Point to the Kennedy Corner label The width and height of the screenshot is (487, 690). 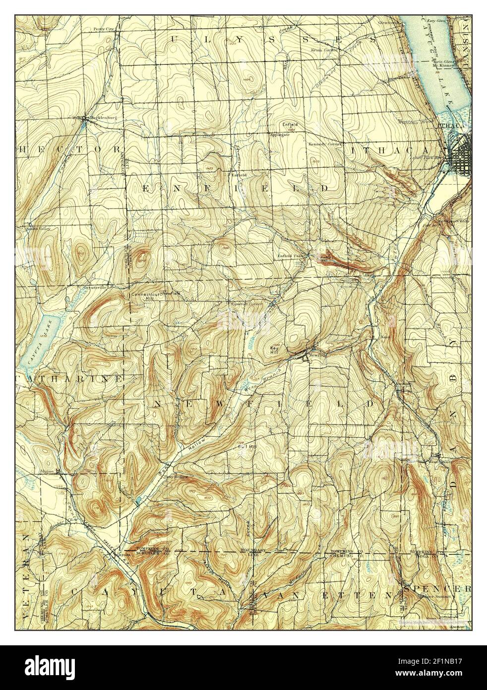click(x=324, y=144)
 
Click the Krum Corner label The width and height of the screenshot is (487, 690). click(x=324, y=50)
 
